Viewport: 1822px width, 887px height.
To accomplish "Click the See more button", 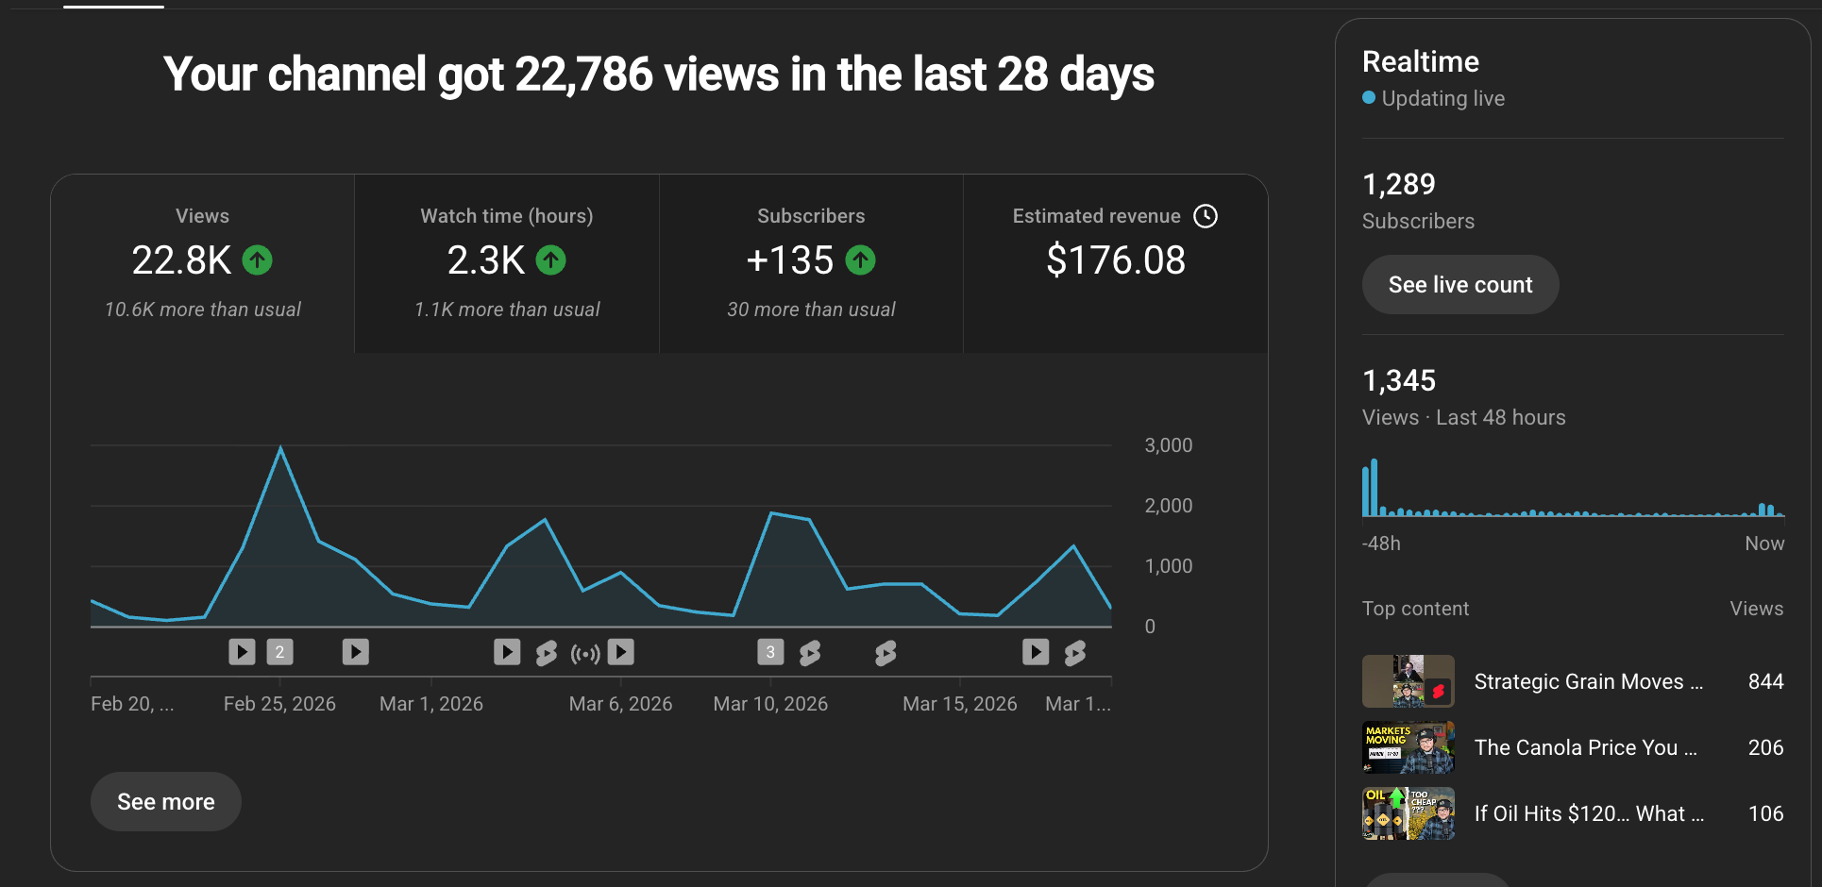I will point(166,802).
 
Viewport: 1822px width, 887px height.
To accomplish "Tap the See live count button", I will point(1459,285).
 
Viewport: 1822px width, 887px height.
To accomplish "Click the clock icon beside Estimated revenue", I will point(1206,216).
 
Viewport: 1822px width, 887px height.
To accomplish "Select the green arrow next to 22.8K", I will point(257,259).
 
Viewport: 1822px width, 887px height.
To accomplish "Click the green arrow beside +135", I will point(860,259).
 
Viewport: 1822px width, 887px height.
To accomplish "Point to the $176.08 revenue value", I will point(1116,260).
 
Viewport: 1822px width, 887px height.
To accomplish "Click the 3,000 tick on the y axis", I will point(1168,445).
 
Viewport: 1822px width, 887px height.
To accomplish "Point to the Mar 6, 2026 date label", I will point(620,704).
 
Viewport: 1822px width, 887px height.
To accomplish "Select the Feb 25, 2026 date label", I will point(279,704).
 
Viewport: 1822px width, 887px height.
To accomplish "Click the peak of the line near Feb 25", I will point(280,448).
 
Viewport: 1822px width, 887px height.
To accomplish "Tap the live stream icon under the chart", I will point(585,653).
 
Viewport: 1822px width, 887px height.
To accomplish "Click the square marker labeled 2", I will point(279,652).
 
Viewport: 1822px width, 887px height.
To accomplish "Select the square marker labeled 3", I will point(770,652).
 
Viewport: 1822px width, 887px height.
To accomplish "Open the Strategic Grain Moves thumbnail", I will point(1408,681).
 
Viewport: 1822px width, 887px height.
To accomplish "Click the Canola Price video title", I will point(1585,747).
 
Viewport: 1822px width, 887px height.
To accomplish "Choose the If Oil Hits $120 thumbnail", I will point(1408,813).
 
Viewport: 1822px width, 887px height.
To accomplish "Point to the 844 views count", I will point(1765,681).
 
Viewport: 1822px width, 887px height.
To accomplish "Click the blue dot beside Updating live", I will point(1369,97).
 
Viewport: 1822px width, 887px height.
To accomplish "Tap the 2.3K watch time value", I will point(486,260).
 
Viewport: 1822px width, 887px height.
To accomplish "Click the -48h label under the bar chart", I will point(1381,544).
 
